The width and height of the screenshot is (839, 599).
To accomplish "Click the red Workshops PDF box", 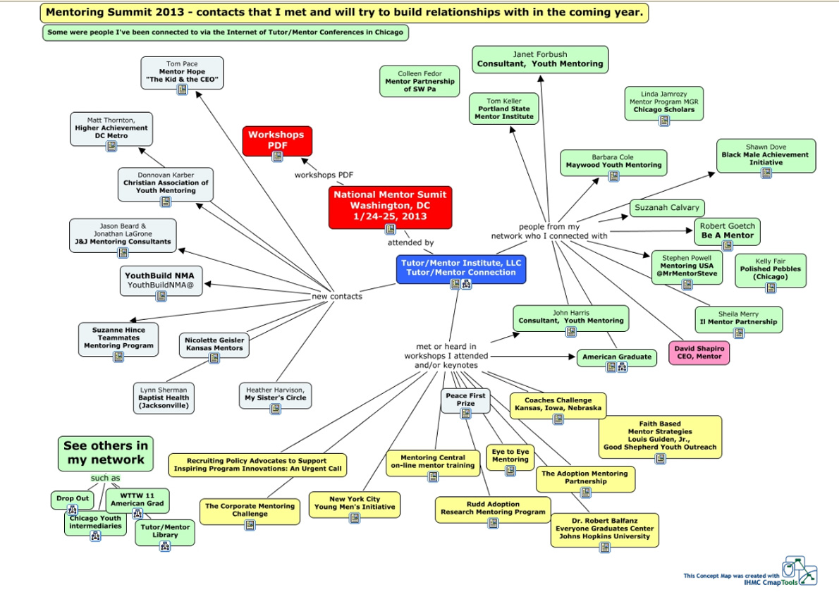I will pos(277,140).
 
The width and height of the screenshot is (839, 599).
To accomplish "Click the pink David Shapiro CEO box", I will pos(699,352).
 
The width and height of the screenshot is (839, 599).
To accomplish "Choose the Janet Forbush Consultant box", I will pos(540,59).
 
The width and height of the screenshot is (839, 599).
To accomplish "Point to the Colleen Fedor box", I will pos(420,81).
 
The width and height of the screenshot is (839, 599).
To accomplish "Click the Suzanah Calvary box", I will pos(667,207).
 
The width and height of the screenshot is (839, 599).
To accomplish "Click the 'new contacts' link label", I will pos(337,296).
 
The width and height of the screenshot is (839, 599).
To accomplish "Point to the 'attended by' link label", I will pos(410,242).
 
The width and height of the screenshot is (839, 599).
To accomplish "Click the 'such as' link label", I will pos(105,478).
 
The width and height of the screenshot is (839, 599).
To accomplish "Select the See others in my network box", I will pos(106,452).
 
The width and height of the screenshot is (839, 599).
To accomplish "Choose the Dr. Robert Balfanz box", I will pos(604,529).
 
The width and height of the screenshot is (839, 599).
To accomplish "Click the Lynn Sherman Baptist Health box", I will pos(164,397).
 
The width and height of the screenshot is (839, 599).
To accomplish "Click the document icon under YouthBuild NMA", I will pos(161,295).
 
